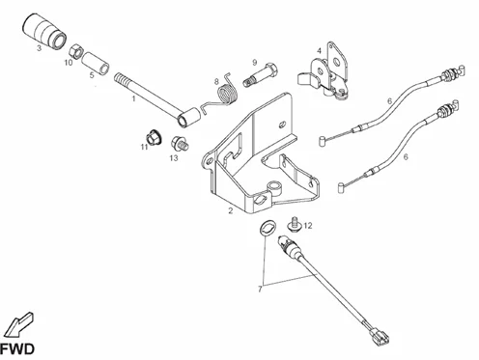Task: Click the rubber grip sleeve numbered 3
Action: pos(44,31)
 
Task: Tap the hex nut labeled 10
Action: pos(76,51)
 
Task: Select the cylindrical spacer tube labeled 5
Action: pos(96,64)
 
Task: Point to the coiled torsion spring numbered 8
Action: pos(226,94)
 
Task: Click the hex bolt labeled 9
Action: pos(261,75)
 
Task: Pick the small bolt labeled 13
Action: pos(180,144)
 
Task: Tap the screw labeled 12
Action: pos(295,224)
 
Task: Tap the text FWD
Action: pos(17,349)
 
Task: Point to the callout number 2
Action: pos(231,211)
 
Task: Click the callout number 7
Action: pos(260,290)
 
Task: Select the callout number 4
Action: pos(319,51)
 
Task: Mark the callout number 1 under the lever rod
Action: pos(133,98)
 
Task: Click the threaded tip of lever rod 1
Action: pos(122,79)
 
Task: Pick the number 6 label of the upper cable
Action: pos(389,101)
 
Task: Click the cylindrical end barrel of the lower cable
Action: pos(341,187)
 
